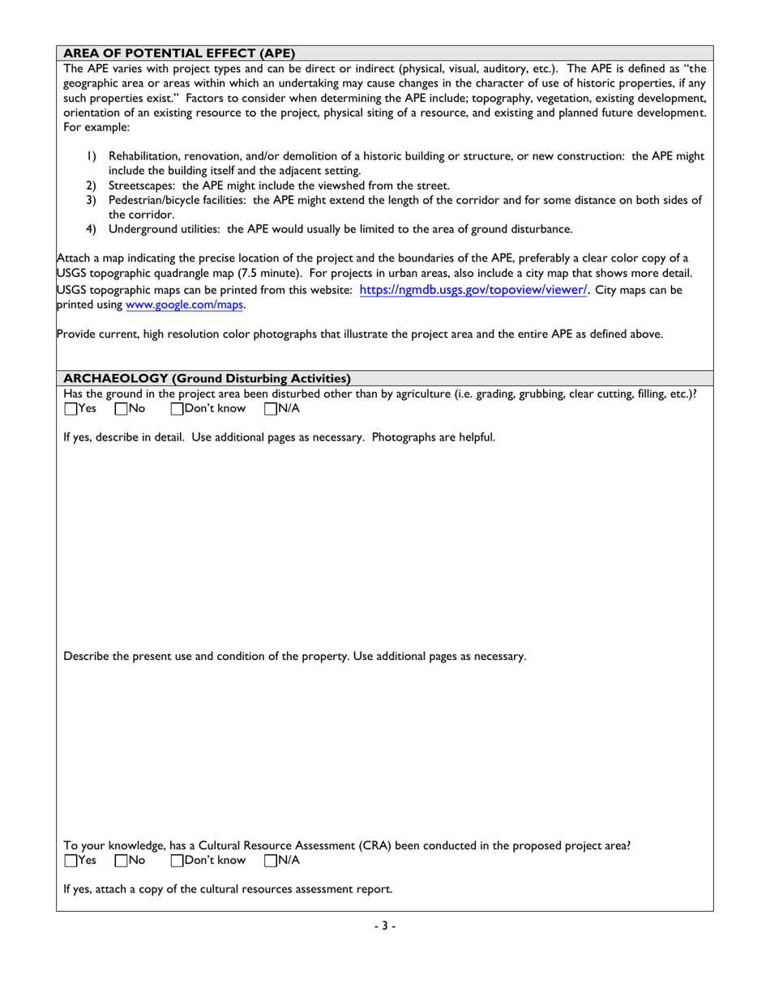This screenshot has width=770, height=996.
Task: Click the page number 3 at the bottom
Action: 385,926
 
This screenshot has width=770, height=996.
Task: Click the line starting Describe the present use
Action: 295,655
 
